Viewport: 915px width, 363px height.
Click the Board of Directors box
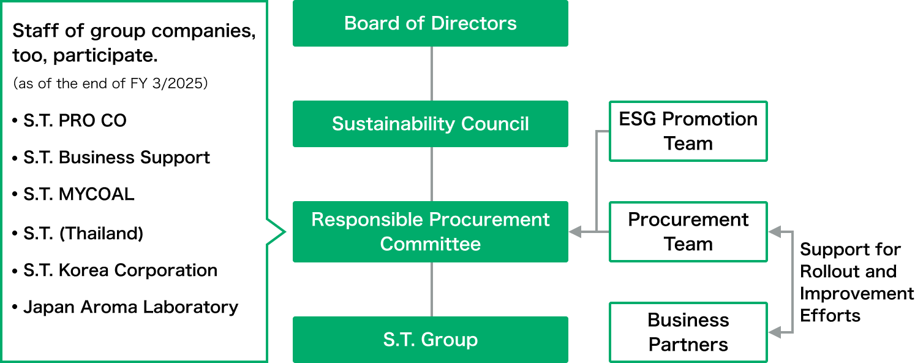(430, 23)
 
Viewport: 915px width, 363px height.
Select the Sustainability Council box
(430, 124)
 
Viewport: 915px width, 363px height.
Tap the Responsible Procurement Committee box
(430, 232)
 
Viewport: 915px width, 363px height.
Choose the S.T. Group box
(430, 340)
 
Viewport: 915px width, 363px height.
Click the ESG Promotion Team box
(688, 131)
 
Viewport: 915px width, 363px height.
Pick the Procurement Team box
(688, 232)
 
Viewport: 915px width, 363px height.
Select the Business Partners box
(688, 332)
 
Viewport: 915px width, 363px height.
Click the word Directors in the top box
(473, 23)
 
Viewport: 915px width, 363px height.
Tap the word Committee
(430, 244)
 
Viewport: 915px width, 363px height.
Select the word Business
(688, 320)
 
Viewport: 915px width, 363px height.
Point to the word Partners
(688, 345)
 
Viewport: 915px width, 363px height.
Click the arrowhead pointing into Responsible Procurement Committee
(574, 232)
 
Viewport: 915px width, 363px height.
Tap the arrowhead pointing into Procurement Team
(774, 232)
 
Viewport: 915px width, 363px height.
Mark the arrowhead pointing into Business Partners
(774, 332)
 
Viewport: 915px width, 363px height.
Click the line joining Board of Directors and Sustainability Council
(432, 74)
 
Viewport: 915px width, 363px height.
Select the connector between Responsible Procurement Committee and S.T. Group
(432, 289)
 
